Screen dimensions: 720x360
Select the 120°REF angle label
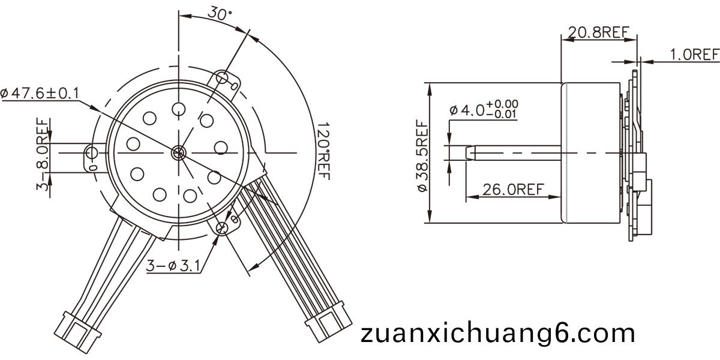pyautogui.click(x=323, y=151)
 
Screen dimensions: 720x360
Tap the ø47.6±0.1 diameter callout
pyautogui.click(x=40, y=94)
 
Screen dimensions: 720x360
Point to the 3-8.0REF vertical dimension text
pyautogui.click(x=43, y=154)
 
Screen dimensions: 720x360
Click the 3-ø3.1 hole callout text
pyautogui.click(x=173, y=266)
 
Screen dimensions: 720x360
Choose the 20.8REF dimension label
pyautogui.click(x=599, y=32)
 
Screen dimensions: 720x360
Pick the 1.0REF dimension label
pyautogui.click(x=694, y=55)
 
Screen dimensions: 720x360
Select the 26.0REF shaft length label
pyautogui.click(x=513, y=190)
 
